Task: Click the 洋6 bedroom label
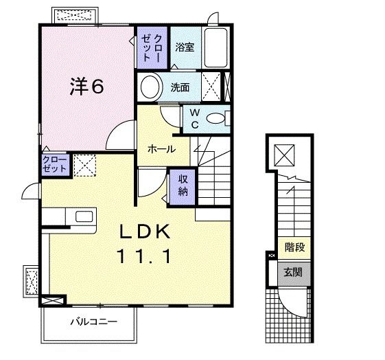(87, 87)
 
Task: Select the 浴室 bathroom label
(185, 47)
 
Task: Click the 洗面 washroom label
(180, 88)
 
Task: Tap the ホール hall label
(162, 148)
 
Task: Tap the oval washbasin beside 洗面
(148, 87)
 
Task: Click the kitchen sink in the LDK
(83, 217)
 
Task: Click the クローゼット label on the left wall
(54, 164)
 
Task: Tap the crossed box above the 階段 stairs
(283, 155)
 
